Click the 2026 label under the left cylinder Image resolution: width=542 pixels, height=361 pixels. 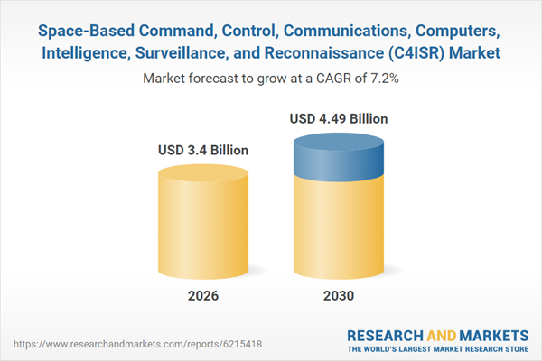point(203,296)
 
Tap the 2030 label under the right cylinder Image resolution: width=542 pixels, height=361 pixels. point(334,296)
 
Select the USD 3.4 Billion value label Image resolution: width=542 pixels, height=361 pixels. point(203,150)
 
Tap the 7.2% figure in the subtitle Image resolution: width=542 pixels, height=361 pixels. point(381,79)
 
